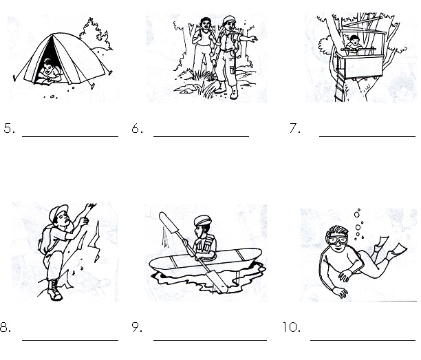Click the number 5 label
(9, 129)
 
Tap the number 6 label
(137, 129)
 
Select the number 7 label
(295, 128)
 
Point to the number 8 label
(6, 327)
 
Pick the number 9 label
(137, 327)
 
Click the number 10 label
(292, 327)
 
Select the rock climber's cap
(58, 211)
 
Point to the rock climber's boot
(54, 290)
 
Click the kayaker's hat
(202, 221)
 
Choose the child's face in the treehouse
(354, 41)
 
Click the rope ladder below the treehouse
(340, 85)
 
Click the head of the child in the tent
(48, 66)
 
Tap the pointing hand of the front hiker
(252, 39)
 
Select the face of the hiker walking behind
(206, 24)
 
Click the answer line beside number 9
(210, 340)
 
